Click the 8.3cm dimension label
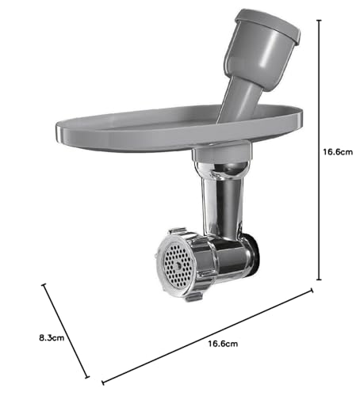coord(52,337)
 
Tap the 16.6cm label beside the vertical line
coord(338,152)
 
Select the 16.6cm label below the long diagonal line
coord(223,344)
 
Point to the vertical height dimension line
coord(320,150)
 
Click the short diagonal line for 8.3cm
coord(66,331)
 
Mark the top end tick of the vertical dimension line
coord(320,20)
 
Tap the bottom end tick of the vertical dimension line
coord(320,280)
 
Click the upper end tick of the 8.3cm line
coord(44,285)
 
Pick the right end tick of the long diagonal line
coord(312,291)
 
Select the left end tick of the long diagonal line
coord(103,382)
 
